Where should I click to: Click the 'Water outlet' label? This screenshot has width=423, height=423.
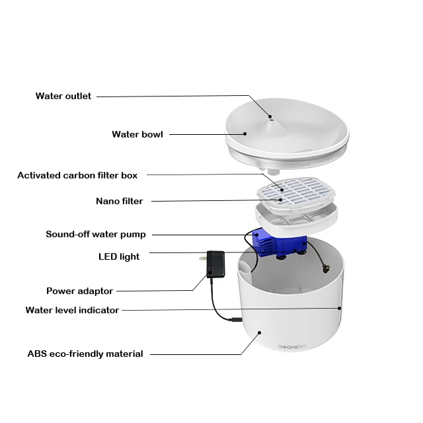point(63,96)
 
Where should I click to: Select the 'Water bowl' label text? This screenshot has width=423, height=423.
point(137,134)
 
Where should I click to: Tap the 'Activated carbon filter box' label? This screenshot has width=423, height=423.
point(77,175)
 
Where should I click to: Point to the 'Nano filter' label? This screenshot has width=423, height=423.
point(119,201)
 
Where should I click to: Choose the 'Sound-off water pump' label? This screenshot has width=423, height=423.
point(96,234)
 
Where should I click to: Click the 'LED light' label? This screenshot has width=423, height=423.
point(119,256)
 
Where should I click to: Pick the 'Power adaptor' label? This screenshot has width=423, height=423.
point(79,291)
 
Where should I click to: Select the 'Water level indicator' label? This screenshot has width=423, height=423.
point(72,310)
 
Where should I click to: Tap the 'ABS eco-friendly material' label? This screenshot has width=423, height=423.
point(85,354)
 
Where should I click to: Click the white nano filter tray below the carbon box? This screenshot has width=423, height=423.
point(291,215)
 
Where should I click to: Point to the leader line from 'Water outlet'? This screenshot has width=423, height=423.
point(172,96)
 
